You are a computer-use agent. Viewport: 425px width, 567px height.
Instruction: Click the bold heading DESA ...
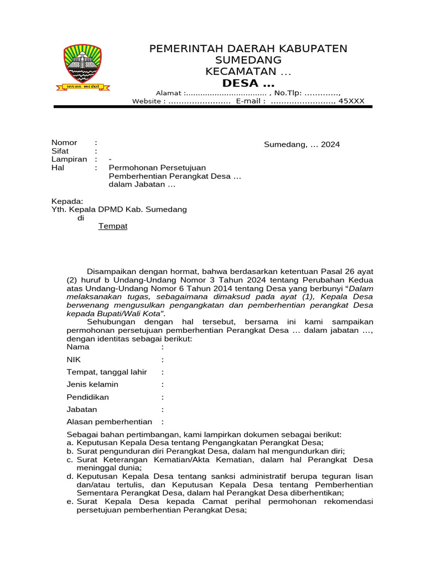pos(248,83)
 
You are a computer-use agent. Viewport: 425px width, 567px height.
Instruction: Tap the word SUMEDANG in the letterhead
pos(248,60)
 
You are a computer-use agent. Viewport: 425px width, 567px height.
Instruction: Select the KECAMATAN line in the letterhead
pos(248,71)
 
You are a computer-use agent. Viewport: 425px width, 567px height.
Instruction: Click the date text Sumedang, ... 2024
pos(302,145)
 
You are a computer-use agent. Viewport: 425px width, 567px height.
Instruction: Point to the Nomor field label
pos(64,142)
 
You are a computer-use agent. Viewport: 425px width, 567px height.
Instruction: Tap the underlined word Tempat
pos(113,226)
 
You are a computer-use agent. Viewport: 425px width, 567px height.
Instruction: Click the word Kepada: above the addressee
pos(67,201)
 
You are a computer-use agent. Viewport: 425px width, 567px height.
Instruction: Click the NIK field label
pos(74,359)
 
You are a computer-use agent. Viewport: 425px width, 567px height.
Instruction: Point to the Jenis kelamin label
pos(92,384)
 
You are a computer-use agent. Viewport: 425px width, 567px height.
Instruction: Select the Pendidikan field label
pos(87,397)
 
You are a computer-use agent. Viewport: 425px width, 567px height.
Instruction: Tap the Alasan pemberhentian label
pos(109,422)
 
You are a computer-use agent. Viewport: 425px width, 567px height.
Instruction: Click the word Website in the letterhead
pos(147,101)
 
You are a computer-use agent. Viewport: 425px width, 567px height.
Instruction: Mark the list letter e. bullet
pos(70,502)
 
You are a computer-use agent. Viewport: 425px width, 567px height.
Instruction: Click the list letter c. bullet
pos(70,460)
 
